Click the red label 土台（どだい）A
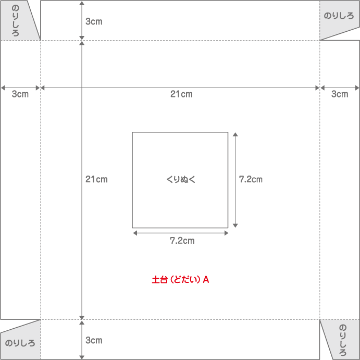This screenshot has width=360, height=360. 180,280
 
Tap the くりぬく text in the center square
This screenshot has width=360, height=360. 180,180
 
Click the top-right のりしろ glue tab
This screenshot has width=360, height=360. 339,16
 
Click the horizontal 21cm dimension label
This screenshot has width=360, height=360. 181,94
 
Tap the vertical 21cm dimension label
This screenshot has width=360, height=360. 96,179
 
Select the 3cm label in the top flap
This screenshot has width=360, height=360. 94,21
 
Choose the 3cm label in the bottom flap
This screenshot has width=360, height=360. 94,340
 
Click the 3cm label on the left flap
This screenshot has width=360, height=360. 20,94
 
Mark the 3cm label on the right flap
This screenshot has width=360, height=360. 340,94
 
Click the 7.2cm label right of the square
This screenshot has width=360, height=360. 251,179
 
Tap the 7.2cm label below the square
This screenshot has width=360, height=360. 182,241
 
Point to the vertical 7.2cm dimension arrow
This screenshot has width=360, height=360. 235,156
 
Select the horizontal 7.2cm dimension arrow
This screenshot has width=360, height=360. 156,233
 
